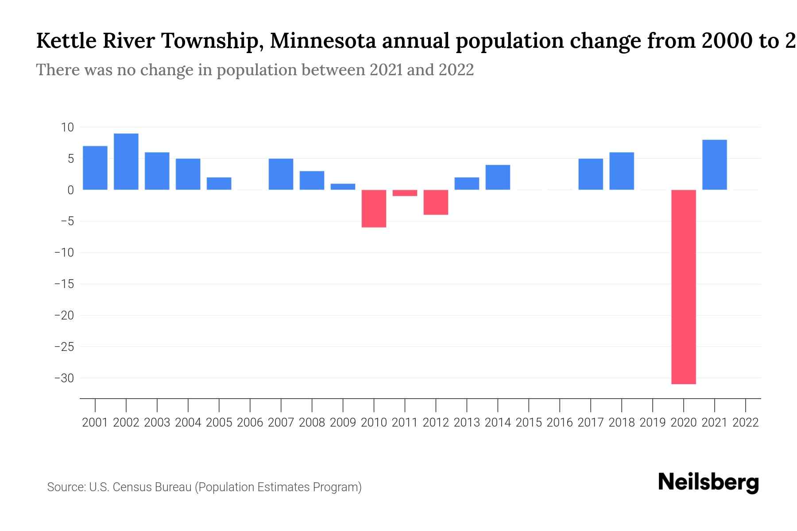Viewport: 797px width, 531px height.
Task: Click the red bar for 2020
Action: click(683, 287)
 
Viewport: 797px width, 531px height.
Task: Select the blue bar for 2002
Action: click(126, 162)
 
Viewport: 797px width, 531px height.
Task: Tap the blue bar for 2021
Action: click(714, 165)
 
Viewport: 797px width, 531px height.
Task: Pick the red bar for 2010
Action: click(374, 208)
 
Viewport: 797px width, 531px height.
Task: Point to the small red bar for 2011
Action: click(405, 193)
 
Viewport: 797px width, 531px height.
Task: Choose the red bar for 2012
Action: click(436, 202)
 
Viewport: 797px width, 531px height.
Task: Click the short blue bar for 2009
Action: click(343, 187)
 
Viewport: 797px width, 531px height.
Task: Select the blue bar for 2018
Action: click(621, 171)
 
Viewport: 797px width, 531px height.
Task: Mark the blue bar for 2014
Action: click(498, 177)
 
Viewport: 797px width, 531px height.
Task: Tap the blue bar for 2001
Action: click(95, 168)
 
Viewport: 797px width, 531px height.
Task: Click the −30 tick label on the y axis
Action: click(64, 378)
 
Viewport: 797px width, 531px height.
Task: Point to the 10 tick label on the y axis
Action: click(67, 127)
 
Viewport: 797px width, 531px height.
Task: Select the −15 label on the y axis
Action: click(64, 284)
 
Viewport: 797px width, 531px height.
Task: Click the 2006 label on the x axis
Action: click(250, 423)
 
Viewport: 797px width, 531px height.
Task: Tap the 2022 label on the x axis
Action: click(746, 423)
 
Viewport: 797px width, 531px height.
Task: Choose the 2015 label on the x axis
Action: click(529, 423)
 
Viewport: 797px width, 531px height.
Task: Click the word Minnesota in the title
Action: click(323, 41)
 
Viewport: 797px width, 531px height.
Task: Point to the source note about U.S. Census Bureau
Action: click(204, 487)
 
